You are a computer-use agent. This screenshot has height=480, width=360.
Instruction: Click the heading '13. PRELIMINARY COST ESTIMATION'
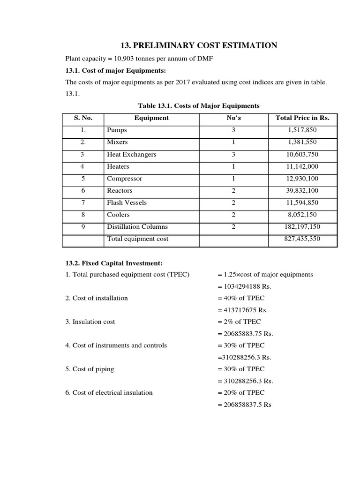(199, 45)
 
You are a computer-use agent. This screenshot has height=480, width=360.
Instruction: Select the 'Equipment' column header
(151, 118)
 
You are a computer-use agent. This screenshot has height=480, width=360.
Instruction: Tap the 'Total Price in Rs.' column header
(302, 118)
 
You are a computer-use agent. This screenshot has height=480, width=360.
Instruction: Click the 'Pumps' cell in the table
(117, 130)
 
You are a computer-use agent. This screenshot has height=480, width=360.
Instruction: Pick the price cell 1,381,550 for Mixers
(302, 142)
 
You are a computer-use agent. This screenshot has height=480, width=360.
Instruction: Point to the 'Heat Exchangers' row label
(132, 154)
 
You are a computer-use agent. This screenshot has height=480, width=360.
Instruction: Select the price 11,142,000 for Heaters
(302, 166)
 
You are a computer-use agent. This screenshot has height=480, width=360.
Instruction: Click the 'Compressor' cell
(125, 179)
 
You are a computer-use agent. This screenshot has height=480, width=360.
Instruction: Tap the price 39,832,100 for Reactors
(302, 191)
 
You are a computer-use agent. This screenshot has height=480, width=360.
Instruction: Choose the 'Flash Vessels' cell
(127, 202)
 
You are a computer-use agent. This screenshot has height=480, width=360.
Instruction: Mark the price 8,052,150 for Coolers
(302, 215)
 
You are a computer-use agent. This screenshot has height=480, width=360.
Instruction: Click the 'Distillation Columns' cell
(137, 227)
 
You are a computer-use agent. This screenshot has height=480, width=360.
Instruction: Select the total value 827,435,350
(302, 239)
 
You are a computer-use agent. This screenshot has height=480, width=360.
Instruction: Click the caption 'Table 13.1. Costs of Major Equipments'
(198, 105)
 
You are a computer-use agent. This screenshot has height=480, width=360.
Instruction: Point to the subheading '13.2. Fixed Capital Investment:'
(114, 263)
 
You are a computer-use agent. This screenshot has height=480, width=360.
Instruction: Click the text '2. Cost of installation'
(97, 298)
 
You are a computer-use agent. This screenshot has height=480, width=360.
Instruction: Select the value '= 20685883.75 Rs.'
(245, 334)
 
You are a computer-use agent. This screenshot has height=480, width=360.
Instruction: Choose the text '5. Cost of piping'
(90, 369)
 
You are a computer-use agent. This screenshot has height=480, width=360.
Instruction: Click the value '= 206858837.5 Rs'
(244, 405)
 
